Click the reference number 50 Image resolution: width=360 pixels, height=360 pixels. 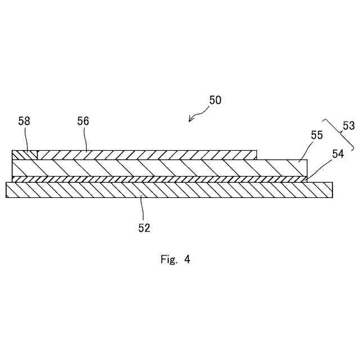pos(215,101)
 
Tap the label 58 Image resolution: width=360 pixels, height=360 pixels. pos(24,121)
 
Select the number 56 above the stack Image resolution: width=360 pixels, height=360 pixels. pos(83,121)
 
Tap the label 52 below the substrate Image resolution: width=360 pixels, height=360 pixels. pos(145,228)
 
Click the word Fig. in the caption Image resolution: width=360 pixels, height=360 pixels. pos(169,259)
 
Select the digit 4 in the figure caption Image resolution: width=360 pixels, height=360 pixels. pos(187,259)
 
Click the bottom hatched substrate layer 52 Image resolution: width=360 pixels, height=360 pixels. pos(169,190)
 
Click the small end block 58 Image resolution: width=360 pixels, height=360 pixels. pos(24,155)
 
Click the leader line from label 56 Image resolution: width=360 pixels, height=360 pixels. pos(85,139)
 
